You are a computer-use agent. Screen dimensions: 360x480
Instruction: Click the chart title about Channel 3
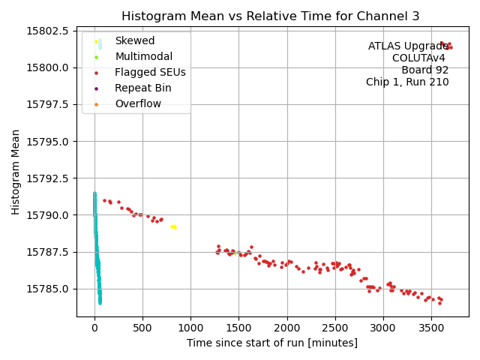click(270, 16)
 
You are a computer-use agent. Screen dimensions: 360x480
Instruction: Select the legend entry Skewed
click(134, 41)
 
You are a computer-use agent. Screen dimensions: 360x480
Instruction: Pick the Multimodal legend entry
click(143, 57)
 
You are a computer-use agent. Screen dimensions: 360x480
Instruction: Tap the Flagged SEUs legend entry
click(150, 73)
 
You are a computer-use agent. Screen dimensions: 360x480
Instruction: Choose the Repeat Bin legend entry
click(142, 88)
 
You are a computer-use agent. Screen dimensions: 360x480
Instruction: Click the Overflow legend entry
click(138, 104)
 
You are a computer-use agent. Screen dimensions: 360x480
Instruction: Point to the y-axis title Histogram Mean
click(16, 172)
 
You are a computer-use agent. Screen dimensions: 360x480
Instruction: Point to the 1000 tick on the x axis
click(190, 328)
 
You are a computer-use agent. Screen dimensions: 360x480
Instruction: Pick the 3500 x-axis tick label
click(431, 328)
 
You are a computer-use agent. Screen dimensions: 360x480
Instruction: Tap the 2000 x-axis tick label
click(286, 328)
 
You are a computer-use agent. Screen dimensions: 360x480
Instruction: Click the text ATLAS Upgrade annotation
click(408, 46)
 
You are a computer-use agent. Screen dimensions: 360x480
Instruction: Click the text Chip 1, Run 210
click(407, 82)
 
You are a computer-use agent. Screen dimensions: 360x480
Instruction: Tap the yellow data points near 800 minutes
click(173, 226)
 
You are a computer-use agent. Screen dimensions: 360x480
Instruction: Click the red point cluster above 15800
click(446, 46)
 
